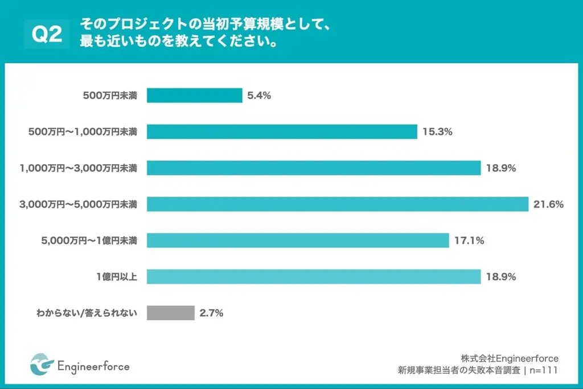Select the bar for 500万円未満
195,96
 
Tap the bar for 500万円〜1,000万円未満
282,132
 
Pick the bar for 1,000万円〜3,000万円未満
314,168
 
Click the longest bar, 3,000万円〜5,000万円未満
338,204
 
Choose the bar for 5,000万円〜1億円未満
298,240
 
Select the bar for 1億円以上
314,277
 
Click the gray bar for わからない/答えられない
171,313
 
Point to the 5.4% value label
259,96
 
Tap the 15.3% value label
437,132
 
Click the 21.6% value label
548,204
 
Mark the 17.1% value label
469,240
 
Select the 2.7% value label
211,313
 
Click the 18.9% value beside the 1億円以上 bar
501,277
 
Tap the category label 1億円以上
116,277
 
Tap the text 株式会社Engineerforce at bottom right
510,358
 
